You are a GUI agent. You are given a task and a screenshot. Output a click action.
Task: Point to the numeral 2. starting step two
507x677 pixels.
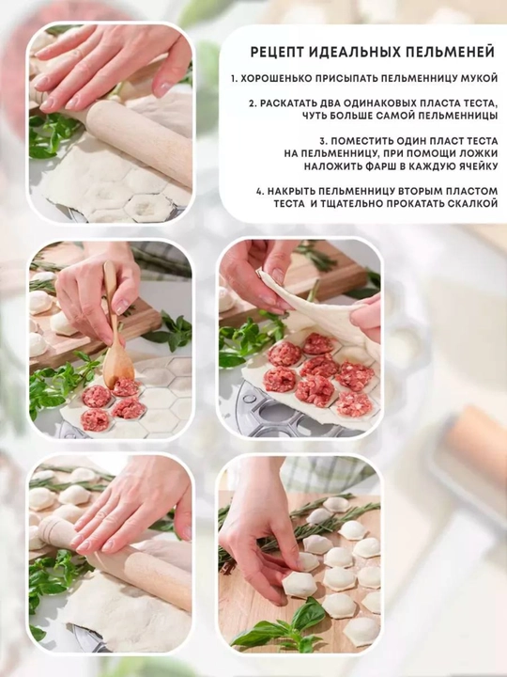[253, 103]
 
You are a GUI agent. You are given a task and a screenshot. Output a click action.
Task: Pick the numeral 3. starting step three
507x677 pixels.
[324, 141]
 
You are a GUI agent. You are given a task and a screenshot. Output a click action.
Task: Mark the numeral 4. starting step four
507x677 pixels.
[259, 191]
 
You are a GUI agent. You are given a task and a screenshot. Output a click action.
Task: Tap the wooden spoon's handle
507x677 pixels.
[111, 302]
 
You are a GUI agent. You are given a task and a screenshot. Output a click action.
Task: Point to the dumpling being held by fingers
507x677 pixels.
[300, 585]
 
